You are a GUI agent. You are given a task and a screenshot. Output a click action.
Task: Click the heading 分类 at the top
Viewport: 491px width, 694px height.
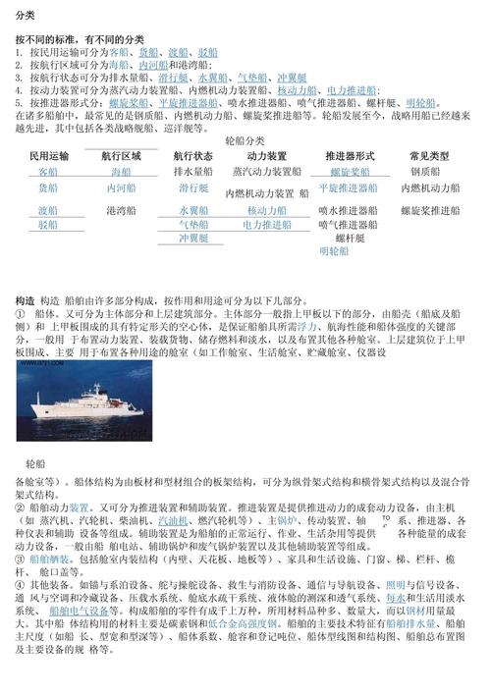tap(25, 16)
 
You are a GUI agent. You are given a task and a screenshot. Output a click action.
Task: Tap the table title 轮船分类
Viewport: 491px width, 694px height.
tap(245, 140)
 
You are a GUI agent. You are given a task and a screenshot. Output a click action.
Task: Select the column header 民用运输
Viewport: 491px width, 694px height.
tap(49, 156)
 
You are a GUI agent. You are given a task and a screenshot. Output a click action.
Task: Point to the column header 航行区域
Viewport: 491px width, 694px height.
tap(122, 156)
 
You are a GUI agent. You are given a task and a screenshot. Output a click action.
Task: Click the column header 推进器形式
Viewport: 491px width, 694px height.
tap(350, 156)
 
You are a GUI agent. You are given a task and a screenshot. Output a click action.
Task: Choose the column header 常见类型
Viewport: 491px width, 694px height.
tap(429, 156)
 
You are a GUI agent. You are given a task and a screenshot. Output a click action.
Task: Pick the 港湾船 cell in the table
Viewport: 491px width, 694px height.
tap(122, 210)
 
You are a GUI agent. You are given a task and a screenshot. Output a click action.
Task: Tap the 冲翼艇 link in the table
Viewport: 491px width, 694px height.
tap(194, 238)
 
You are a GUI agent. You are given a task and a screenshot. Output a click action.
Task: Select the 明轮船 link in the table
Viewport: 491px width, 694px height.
tap(334, 251)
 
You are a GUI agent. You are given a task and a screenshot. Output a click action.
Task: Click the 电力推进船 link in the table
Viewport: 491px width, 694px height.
tap(267, 224)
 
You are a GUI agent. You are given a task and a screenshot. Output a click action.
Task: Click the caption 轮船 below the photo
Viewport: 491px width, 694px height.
tap(34, 462)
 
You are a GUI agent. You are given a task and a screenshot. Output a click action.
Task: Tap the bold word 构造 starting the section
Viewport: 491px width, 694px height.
tap(25, 298)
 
